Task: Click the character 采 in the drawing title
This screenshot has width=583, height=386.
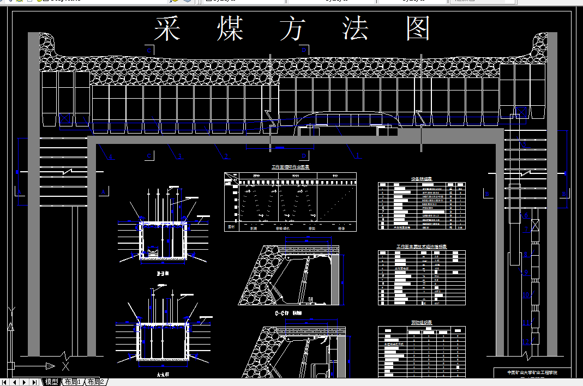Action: point(167,29)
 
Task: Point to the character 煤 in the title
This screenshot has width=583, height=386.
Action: point(230,29)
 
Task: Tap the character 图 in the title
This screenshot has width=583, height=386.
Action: point(418,29)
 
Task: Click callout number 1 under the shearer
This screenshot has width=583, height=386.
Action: point(358,156)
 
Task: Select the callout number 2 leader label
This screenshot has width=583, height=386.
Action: point(225,156)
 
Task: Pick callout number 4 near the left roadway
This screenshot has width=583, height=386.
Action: point(111,157)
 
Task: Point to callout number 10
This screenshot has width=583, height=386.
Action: point(526,295)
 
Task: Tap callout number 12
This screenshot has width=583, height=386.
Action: point(526,342)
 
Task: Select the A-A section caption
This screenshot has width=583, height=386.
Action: point(162,376)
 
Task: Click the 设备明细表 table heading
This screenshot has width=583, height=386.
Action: point(422,178)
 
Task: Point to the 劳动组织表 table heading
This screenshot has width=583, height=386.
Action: point(422,323)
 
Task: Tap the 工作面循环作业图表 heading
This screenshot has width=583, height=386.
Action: point(290,167)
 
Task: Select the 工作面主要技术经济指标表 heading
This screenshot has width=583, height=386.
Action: point(422,247)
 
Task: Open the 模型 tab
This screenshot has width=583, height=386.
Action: point(51,382)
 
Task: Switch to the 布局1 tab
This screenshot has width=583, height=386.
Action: point(73,382)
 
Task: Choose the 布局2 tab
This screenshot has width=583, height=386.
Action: point(95,382)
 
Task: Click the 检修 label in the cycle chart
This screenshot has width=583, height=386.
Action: point(341,228)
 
